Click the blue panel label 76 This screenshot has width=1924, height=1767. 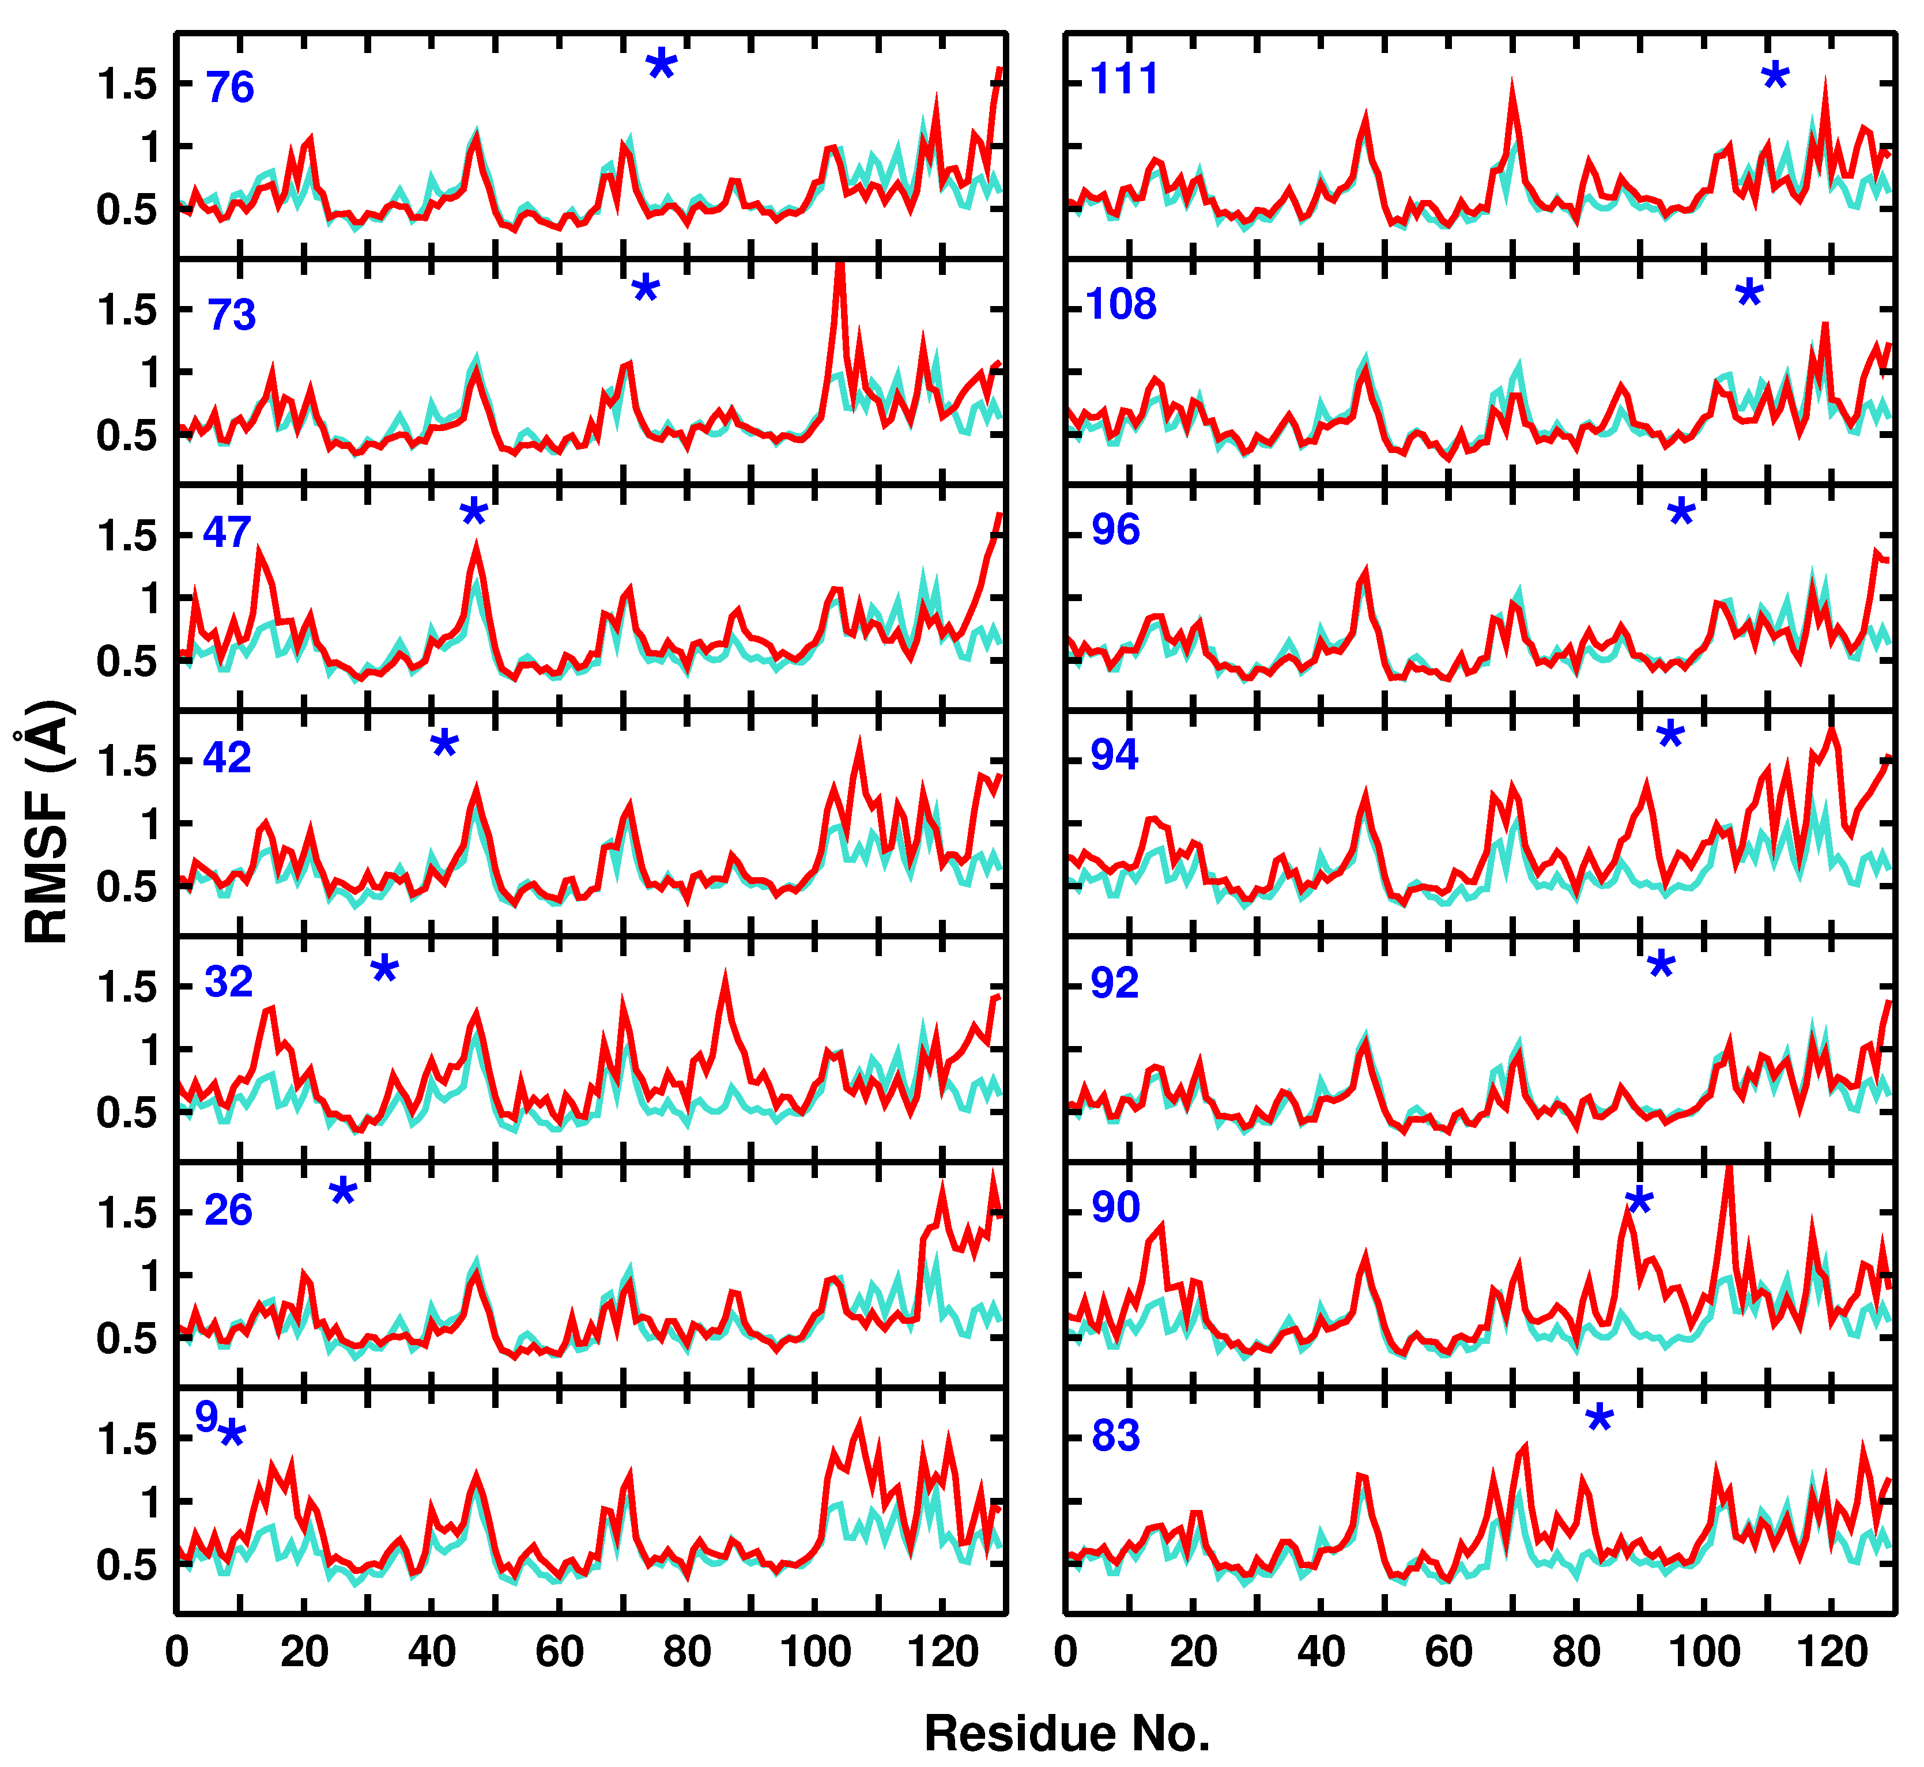click(x=229, y=88)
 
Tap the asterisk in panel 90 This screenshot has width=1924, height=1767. click(x=1639, y=1201)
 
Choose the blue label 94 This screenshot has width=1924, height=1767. click(x=1115, y=756)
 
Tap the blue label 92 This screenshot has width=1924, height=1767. click(x=1115, y=983)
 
